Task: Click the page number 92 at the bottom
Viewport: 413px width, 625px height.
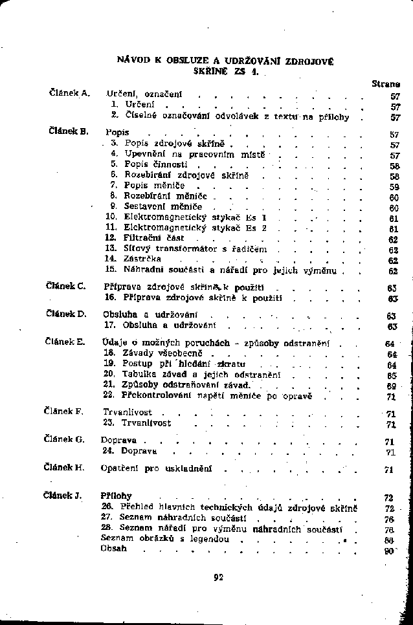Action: coord(218,578)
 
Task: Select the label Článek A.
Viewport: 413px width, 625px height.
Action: coord(69,93)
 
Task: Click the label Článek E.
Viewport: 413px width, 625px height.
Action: coord(67,342)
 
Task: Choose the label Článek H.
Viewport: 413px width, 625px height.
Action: coord(67,466)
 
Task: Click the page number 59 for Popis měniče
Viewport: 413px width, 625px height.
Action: coord(393,186)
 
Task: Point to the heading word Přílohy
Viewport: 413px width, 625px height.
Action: coord(117,496)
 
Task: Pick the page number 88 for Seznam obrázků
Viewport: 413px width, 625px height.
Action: coord(390,539)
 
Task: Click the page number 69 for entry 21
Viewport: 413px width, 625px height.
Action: coord(390,385)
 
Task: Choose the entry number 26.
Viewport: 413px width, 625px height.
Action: coord(107,507)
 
